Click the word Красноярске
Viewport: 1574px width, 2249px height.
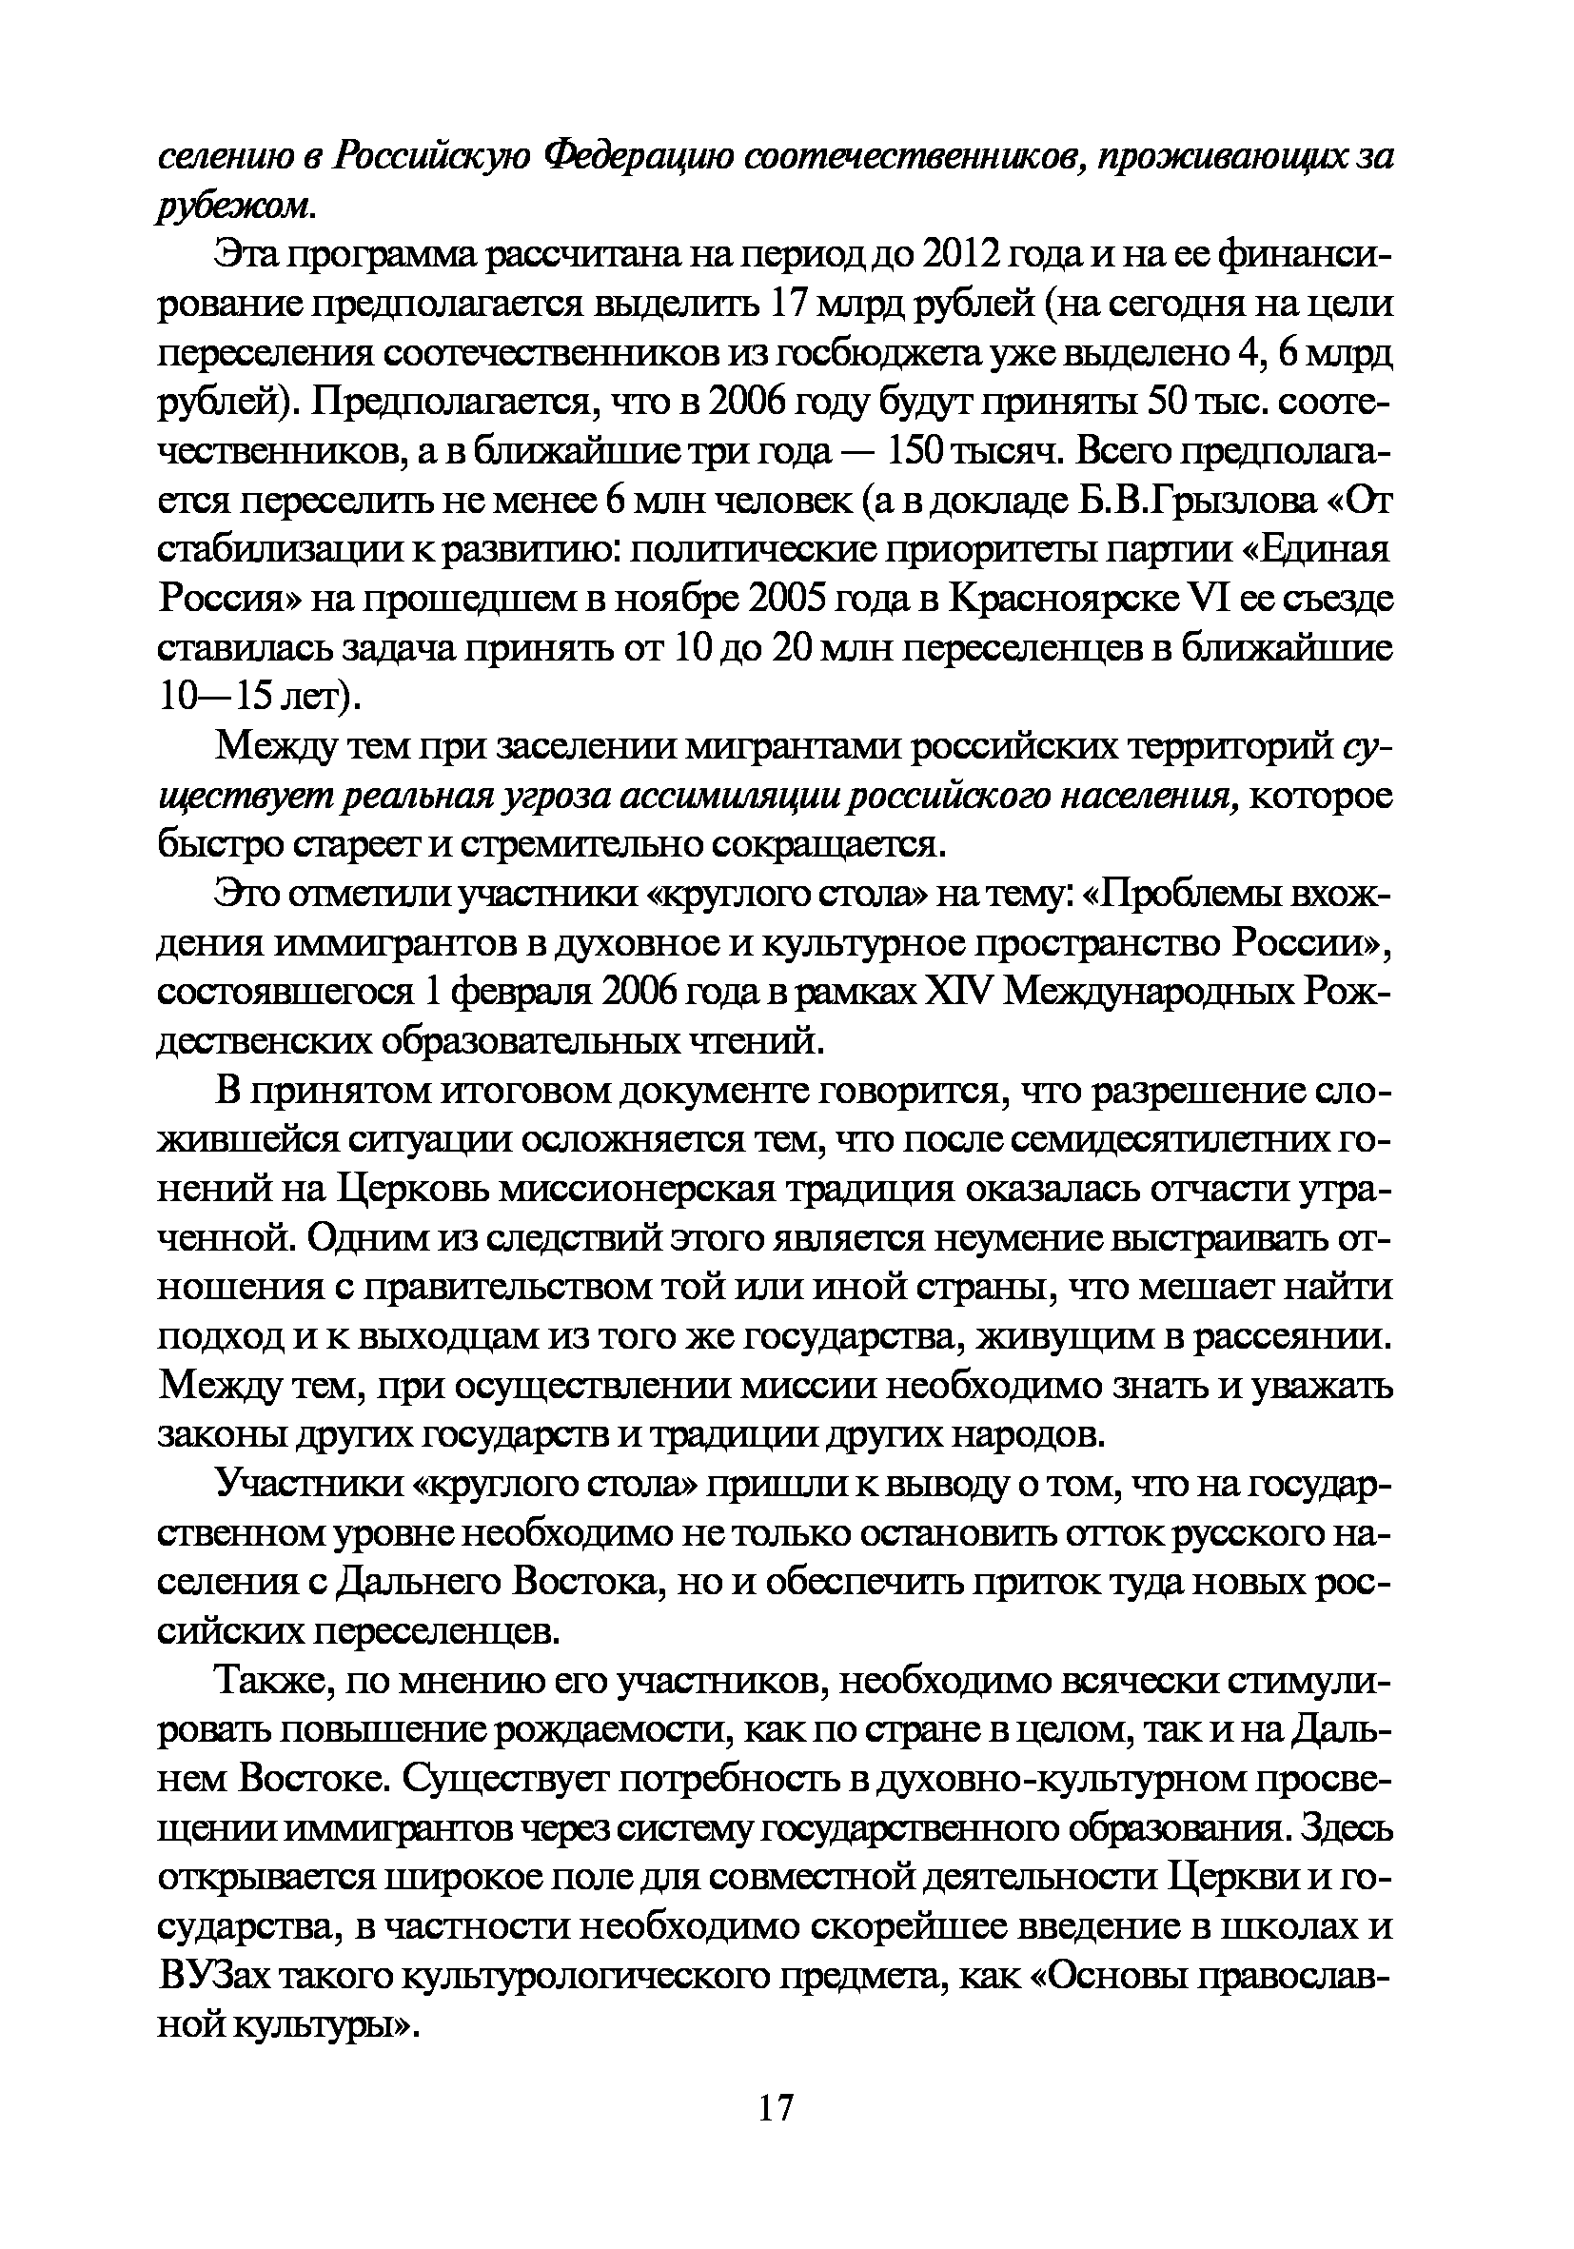(1066, 599)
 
